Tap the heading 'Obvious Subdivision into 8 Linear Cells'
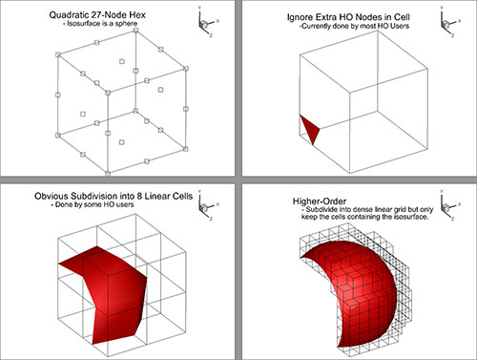[114, 195]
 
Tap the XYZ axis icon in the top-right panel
[442, 22]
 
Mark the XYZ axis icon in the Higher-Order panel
[442, 201]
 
